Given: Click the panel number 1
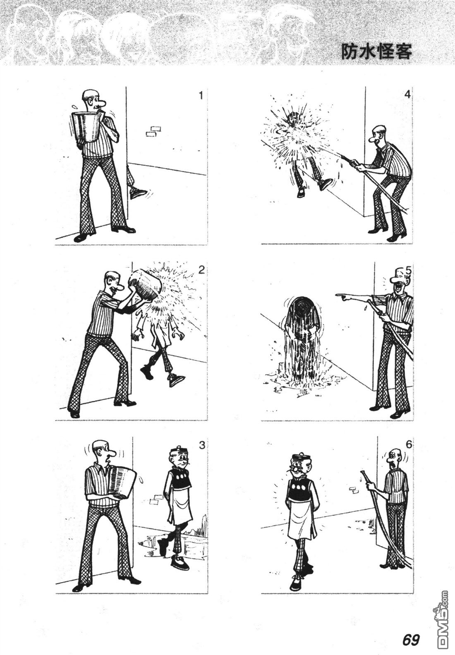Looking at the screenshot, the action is [200, 95].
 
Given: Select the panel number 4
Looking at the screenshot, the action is [408, 95].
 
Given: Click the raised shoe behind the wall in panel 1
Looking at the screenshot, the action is [137, 193].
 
